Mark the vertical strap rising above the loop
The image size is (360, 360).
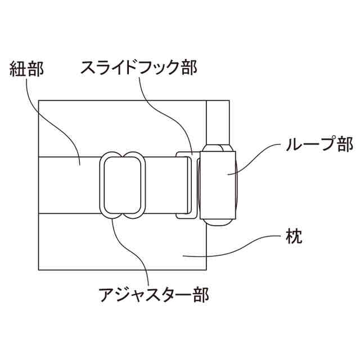point(218,121)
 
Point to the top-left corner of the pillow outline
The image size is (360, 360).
point(38,100)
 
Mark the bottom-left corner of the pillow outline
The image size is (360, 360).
point(38,269)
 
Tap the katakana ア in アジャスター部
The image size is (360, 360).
point(107,294)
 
